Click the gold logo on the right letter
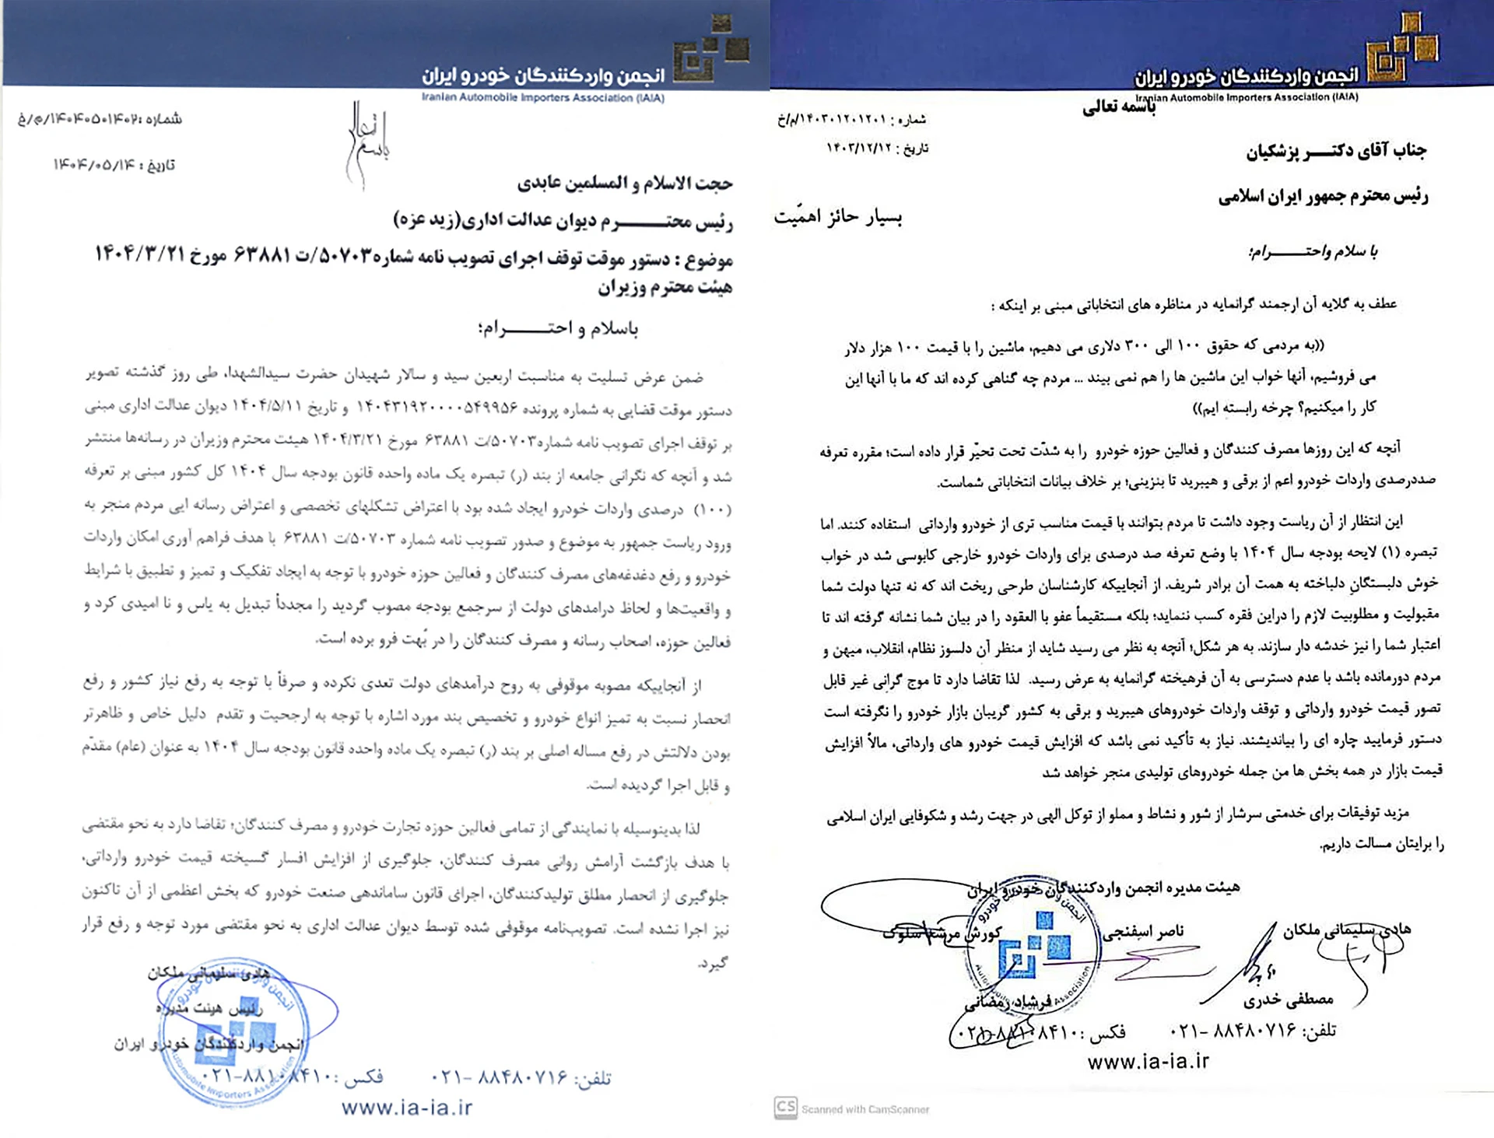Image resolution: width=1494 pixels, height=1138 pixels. pyautogui.click(x=1404, y=49)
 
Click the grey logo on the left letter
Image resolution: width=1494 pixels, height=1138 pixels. pyautogui.click(x=711, y=51)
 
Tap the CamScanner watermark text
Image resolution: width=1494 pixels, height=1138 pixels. pyautogui.click(x=864, y=1108)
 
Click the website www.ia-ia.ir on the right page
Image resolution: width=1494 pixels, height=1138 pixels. pyautogui.click(x=1148, y=1061)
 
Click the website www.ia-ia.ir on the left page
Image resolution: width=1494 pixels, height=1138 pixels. pyautogui.click(x=406, y=1107)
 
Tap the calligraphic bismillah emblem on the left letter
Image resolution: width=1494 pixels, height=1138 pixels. pyautogui.click(x=367, y=144)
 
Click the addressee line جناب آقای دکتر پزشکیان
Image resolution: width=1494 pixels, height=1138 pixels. pyautogui.click(x=1335, y=151)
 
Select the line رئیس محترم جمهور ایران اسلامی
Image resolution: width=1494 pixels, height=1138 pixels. pyautogui.click(x=1323, y=196)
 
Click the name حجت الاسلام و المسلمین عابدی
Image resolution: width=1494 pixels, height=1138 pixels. pyautogui.click(x=625, y=184)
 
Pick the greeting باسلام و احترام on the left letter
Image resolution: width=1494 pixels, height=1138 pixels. pyautogui.click(x=558, y=328)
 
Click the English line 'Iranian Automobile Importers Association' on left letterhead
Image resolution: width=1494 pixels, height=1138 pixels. pyautogui.click(x=542, y=98)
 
